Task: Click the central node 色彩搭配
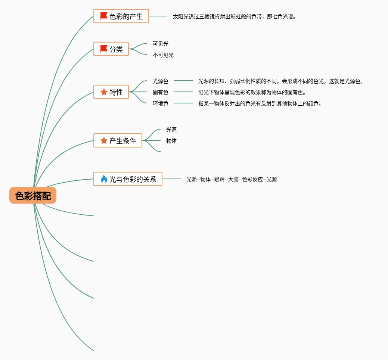(33, 196)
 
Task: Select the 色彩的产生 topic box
(121, 16)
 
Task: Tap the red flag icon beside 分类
(104, 49)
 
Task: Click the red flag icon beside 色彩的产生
(104, 16)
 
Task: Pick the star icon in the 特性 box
(104, 92)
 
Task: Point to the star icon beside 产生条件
(104, 141)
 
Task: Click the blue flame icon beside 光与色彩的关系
(104, 179)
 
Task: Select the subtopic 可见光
(161, 44)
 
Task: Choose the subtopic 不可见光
(163, 55)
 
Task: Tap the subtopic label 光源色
(161, 81)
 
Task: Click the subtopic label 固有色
(161, 92)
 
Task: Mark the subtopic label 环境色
(161, 103)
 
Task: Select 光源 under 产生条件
(171, 130)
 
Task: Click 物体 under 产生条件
(171, 141)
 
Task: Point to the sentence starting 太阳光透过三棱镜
(234, 17)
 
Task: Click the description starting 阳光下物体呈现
(252, 92)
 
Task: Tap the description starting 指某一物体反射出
(260, 103)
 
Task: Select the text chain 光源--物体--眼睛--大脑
(232, 179)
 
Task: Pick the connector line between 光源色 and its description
(183, 81)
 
